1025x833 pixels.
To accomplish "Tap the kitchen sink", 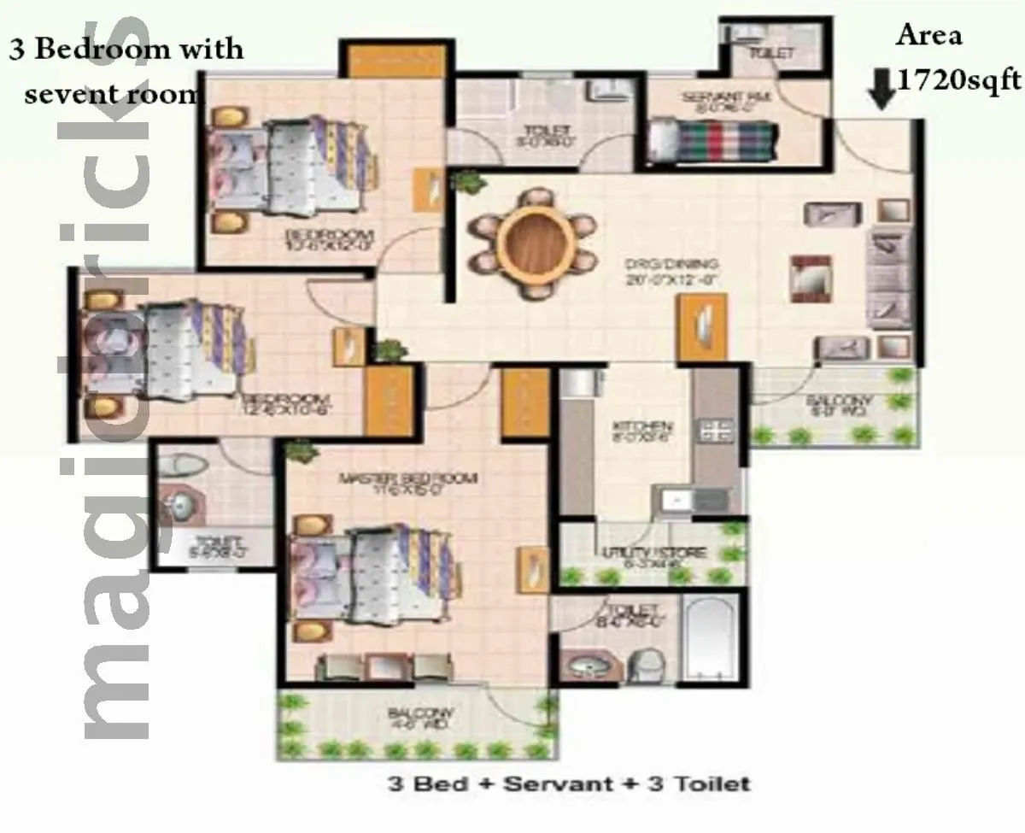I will click(675, 500).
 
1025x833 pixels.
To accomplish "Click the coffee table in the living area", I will click(809, 279).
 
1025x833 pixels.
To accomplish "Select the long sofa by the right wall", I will click(888, 278).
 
